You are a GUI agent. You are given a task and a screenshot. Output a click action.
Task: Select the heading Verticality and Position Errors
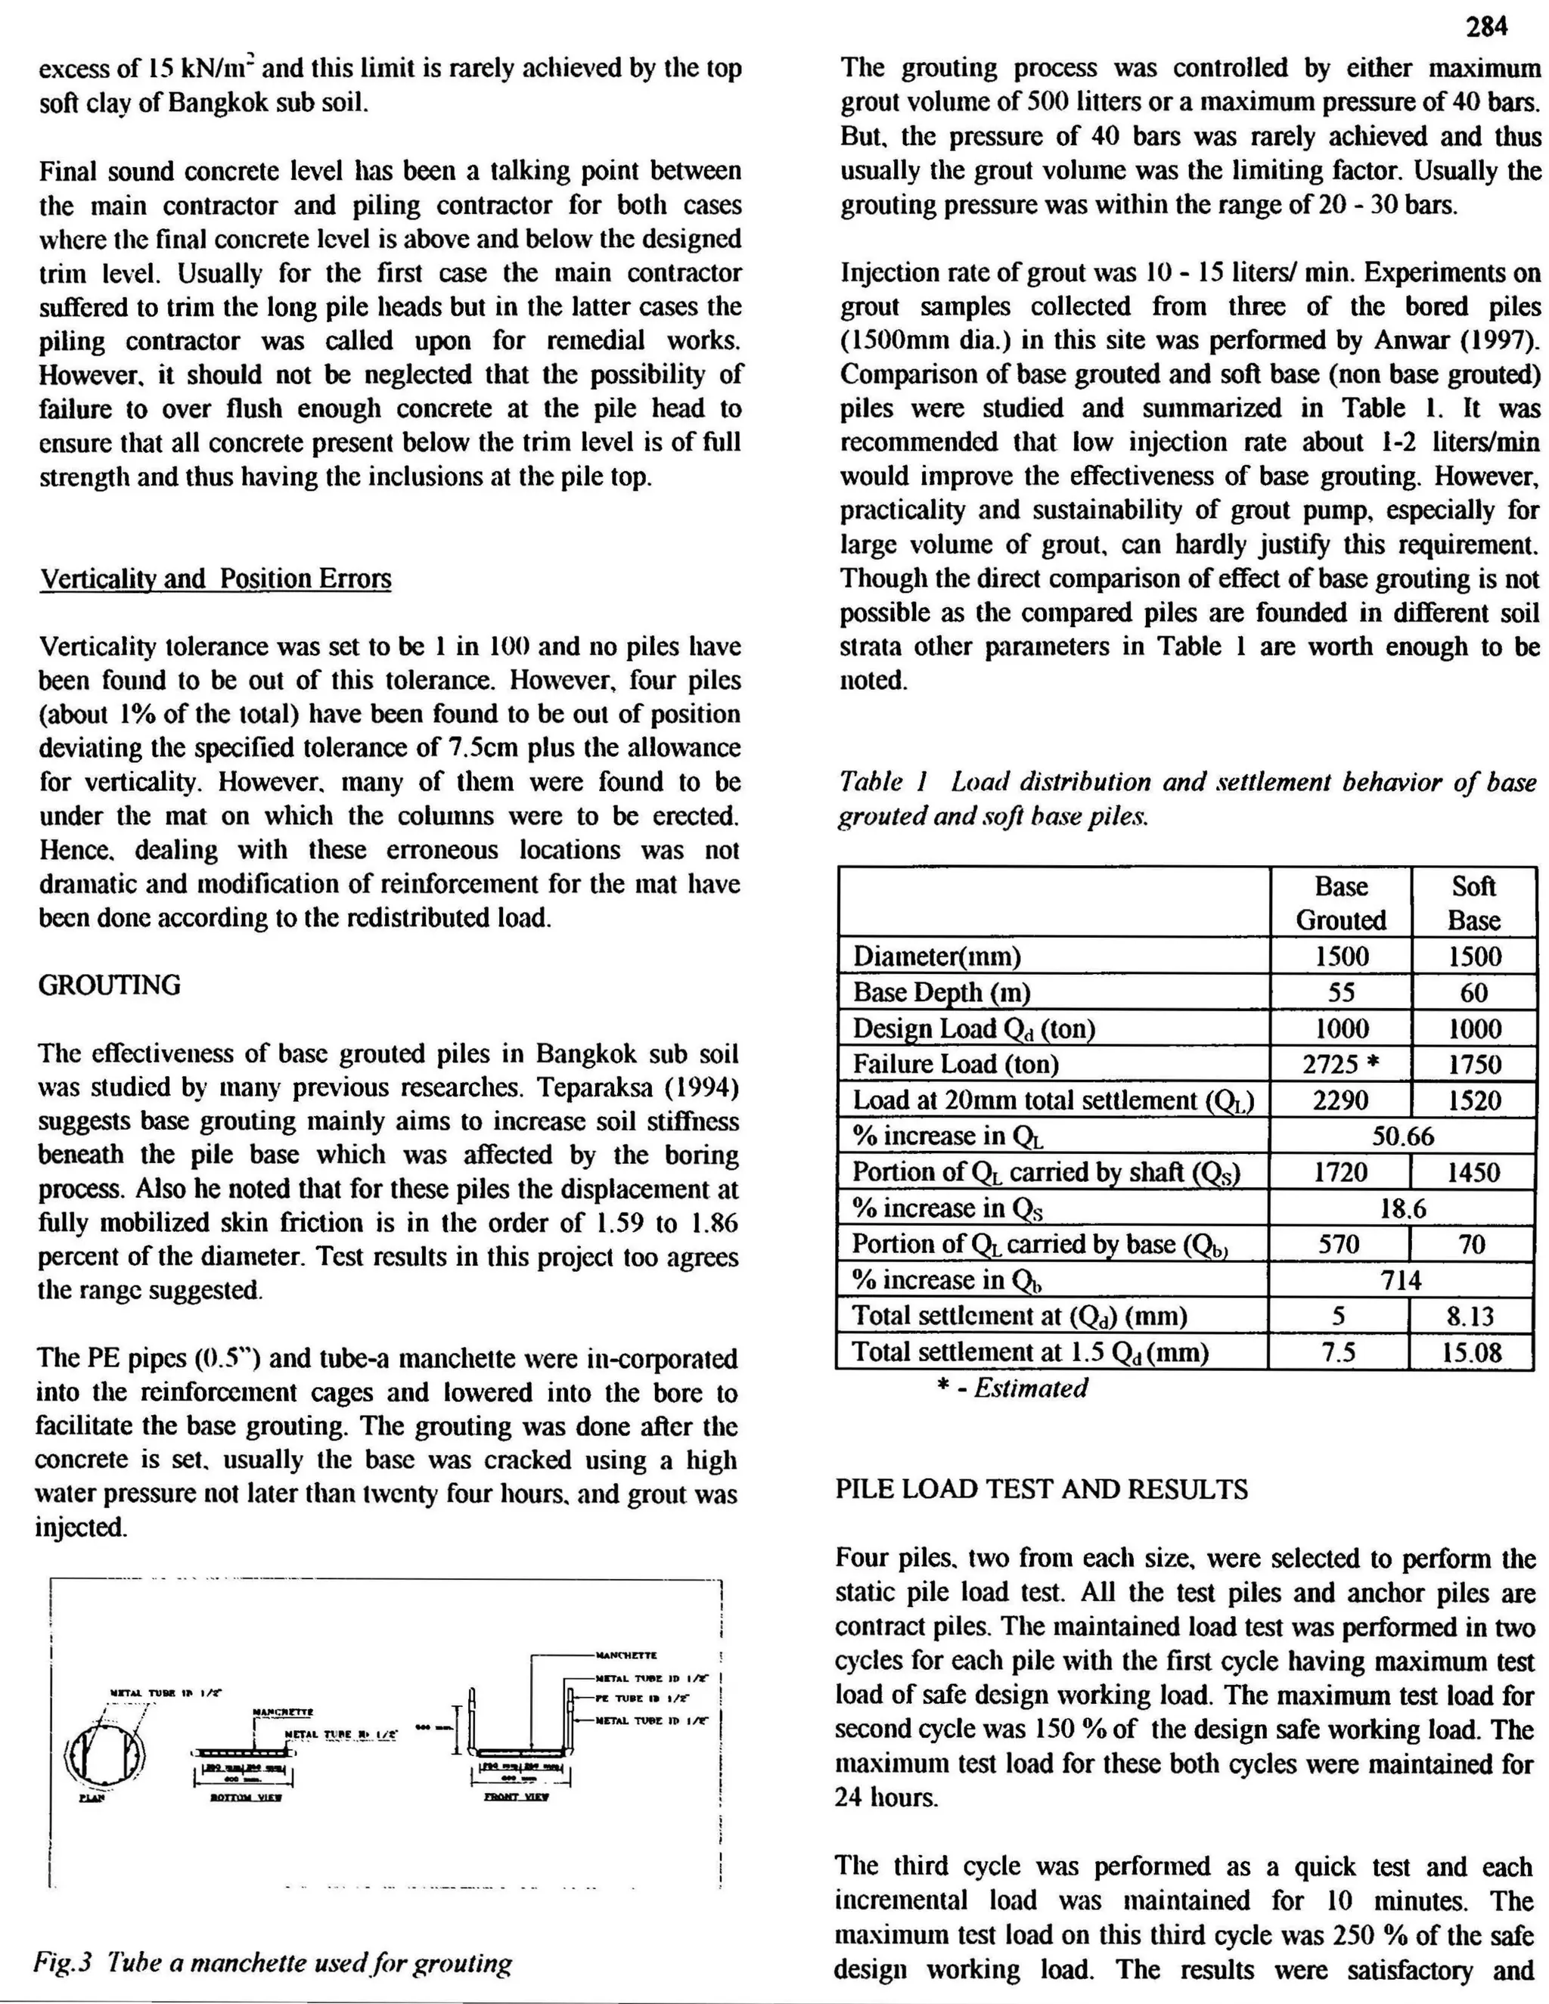pyautogui.click(x=216, y=579)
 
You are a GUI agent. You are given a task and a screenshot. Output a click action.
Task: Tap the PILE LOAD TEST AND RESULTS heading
pyautogui.click(x=1041, y=1489)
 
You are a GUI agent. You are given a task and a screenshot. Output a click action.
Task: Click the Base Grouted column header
pyautogui.click(x=1341, y=903)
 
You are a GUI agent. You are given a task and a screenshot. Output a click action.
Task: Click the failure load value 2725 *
pyautogui.click(x=1341, y=1065)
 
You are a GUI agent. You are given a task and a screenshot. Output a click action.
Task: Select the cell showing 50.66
pyautogui.click(x=1402, y=1136)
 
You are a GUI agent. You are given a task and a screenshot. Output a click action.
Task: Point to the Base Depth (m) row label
pyautogui.click(x=942, y=993)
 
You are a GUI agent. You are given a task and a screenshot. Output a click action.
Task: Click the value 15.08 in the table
pyautogui.click(x=1472, y=1353)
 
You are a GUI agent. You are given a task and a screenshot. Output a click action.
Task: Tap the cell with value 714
pyautogui.click(x=1402, y=1280)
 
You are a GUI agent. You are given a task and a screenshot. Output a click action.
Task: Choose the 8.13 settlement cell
pyautogui.click(x=1470, y=1317)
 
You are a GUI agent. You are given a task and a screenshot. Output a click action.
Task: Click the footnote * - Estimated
pyautogui.click(x=1012, y=1388)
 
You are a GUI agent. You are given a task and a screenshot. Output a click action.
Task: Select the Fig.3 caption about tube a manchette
pyautogui.click(x=272, y=1964)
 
